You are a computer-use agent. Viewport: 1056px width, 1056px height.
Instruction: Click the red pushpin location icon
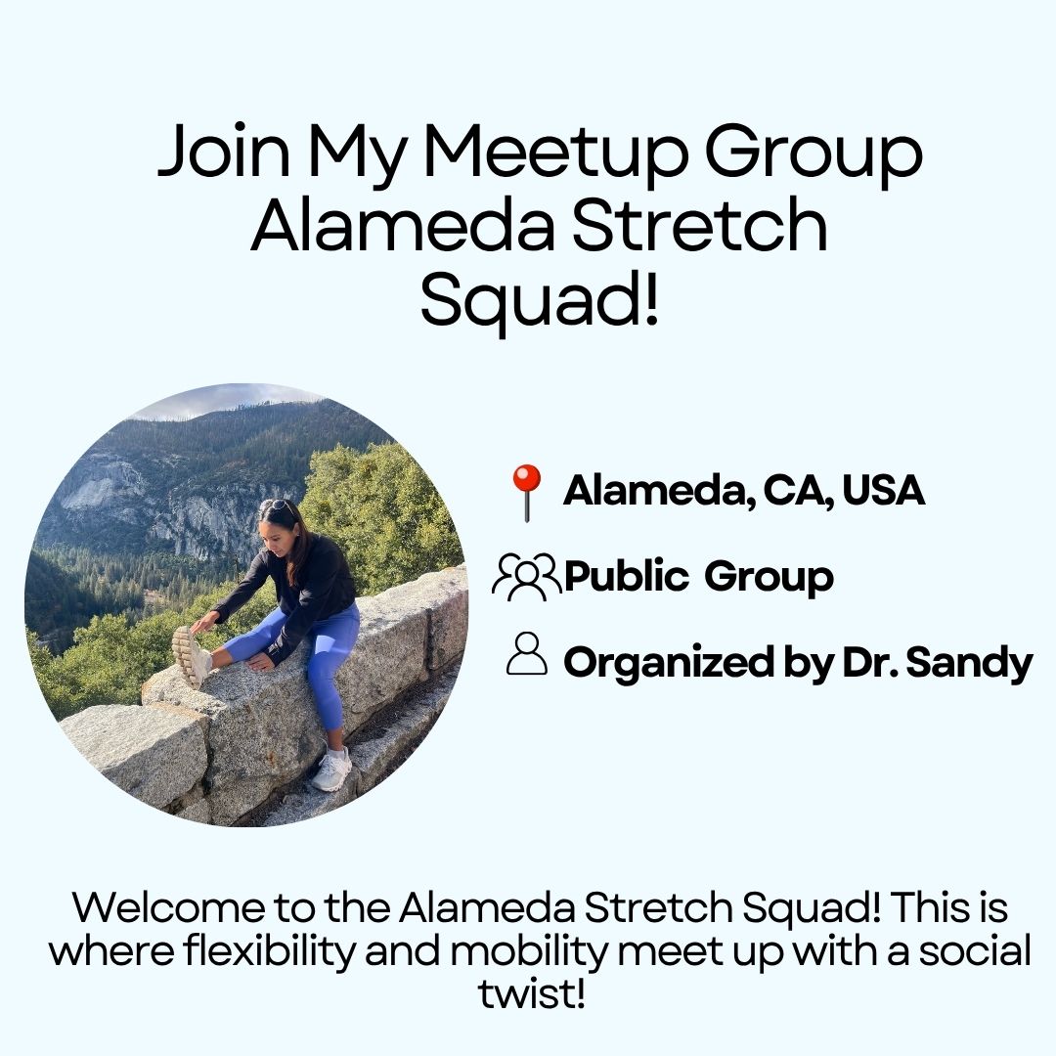[527, 492]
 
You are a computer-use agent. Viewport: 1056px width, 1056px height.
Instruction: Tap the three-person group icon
[526, 577]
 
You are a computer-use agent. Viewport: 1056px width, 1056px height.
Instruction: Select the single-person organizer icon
[527, 653]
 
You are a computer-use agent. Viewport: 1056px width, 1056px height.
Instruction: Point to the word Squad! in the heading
[539, 297]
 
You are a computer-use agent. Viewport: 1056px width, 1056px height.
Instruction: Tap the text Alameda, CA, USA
[743, 490]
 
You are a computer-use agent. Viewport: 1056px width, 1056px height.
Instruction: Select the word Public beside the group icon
[626, 577]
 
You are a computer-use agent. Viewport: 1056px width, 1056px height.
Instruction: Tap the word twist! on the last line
[531, 993]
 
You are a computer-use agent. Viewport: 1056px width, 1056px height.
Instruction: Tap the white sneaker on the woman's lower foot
[331, 769]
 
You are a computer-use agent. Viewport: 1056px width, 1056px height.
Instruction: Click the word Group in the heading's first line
[813, 153]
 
